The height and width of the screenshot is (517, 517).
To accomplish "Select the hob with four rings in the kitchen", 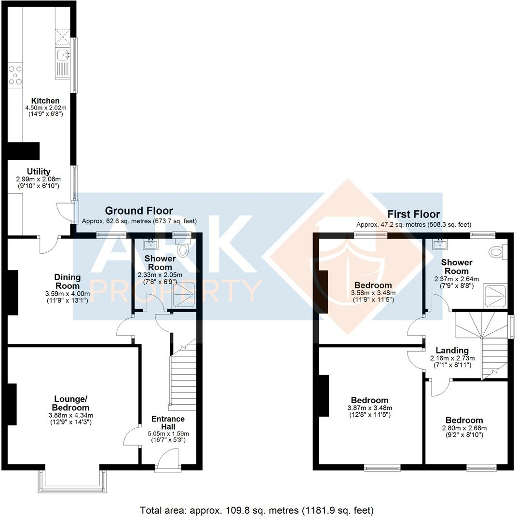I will (x=15, y=75).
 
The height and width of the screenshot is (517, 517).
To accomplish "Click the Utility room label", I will (x=39, y=172).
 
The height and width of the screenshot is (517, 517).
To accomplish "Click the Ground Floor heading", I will (x=139, y=211).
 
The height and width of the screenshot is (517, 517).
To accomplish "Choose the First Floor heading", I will (x=413, y=214).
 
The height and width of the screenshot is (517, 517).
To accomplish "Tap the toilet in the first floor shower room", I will (x=497, y=251).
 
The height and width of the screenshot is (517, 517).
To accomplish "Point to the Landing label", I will (x=452, y=350).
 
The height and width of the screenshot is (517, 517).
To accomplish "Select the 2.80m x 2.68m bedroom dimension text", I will (x=464, y=428).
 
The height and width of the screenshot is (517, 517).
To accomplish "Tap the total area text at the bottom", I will (x=257, y=510).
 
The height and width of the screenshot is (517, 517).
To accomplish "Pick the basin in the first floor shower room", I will (x=439, y=244).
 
